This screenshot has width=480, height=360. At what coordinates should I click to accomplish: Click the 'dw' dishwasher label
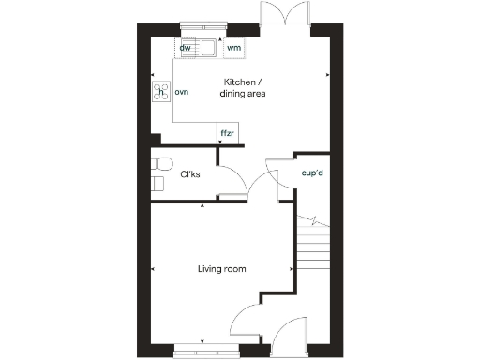[x=186, y=47]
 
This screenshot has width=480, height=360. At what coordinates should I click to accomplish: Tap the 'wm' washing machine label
[x=233, y=47]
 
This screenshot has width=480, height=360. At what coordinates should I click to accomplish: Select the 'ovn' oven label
[x=182, y=92]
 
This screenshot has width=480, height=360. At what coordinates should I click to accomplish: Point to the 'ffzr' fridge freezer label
[x=227, y=134]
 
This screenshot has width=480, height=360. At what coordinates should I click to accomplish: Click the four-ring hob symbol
[x=158, y=92]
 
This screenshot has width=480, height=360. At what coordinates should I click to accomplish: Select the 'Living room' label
[x=221, y=269]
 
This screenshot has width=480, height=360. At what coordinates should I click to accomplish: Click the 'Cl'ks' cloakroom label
[x=190, y=174]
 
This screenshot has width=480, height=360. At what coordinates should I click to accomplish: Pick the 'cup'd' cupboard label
[x=312, y=173]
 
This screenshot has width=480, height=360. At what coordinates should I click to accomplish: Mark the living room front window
[x=205, y=352]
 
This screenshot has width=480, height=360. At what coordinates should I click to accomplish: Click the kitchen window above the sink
[x=198, y=26]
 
